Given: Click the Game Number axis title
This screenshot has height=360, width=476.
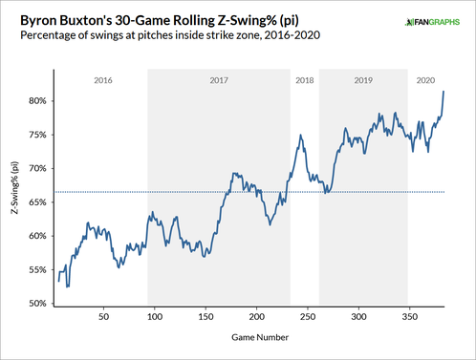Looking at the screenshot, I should (x=253, y=337).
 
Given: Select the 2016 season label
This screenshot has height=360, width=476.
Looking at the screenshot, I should (x=102, y=81).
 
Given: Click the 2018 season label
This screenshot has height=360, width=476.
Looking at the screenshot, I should (x=305, y=81).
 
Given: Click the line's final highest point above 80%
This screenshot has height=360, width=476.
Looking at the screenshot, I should (x=443, y=92).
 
